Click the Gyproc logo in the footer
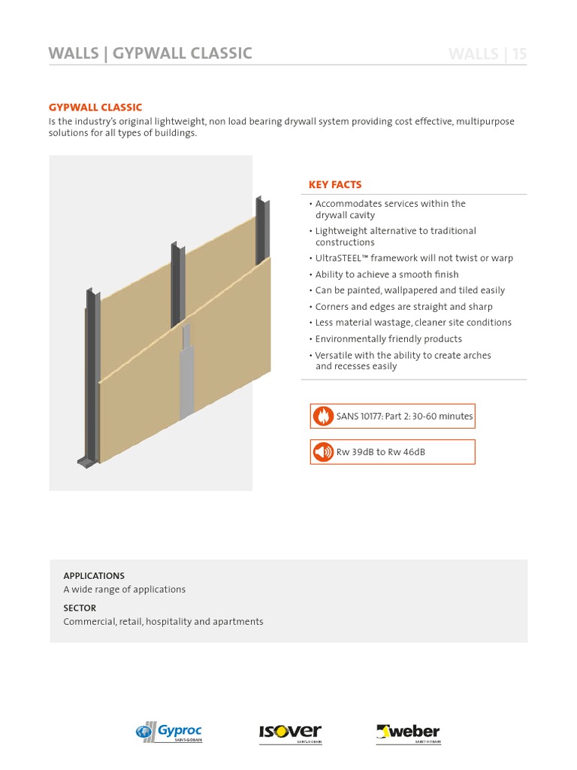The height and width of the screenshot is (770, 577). tap(169, 732)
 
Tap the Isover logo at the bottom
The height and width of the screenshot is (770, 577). tap(290, 732)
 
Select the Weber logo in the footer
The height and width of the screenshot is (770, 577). tap(408, 732)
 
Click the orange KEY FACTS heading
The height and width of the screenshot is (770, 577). tap(335, 184)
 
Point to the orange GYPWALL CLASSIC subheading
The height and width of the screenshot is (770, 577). tap(95, 108)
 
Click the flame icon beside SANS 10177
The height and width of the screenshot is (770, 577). tap(323, 417)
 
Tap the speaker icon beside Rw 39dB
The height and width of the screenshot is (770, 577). tap(323, 452)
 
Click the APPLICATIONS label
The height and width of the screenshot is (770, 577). tap(94, 576)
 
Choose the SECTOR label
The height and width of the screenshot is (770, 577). tap(80, 608)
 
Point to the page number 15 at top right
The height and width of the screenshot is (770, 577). tap(519, 53)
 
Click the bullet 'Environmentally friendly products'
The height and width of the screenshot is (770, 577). tap(388, 338)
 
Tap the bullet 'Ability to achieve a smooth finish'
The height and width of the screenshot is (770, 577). tap(386, 274)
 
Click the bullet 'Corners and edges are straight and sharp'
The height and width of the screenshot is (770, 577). tap(403, 306)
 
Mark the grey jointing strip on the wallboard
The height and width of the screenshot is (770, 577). tap(186, 376)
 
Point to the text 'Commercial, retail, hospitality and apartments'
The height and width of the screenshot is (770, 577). tap(163, 622)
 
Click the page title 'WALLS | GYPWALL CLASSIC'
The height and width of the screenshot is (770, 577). tap(150, 53)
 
